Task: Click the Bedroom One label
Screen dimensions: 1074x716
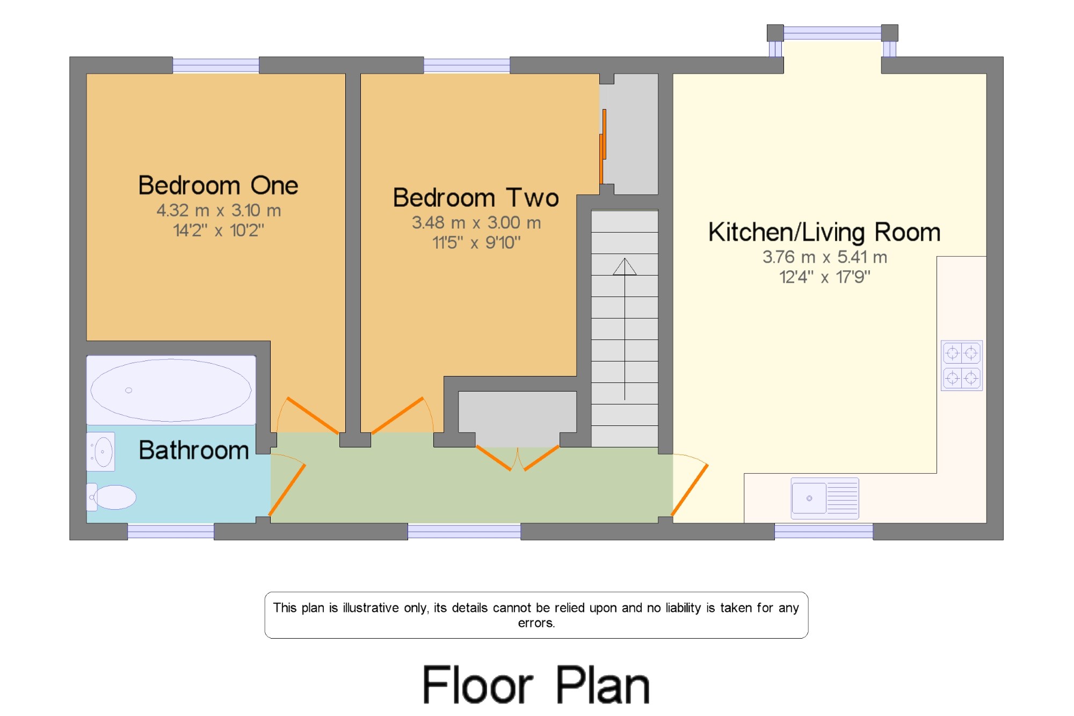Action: click(x=218, y=185)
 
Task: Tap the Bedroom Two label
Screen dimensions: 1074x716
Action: click(x=476, y=198)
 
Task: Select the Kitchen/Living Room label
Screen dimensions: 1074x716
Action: click(x=824, y=233)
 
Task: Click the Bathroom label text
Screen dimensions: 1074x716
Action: click(x=194, y=450)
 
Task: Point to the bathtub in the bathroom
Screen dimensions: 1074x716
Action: click(x=171, y=390)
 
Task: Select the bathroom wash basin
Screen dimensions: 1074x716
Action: click(x=101, y=452)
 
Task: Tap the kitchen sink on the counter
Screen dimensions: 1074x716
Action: click(x=825, y=498)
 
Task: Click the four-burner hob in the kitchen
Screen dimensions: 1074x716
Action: click(x=962, y=365)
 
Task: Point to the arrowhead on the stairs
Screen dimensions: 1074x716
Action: click(x=625, y=267)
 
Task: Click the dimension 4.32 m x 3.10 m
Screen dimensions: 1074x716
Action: click(x=219, y=211)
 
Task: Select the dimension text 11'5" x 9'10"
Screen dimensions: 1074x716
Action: click(x=476, y=243)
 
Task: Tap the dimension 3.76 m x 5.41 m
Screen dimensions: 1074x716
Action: click(x=825, y=257)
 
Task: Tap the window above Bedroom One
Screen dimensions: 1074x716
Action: click(x=215, y=65)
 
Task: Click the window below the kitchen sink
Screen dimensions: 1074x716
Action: click(x=824, y=531)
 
